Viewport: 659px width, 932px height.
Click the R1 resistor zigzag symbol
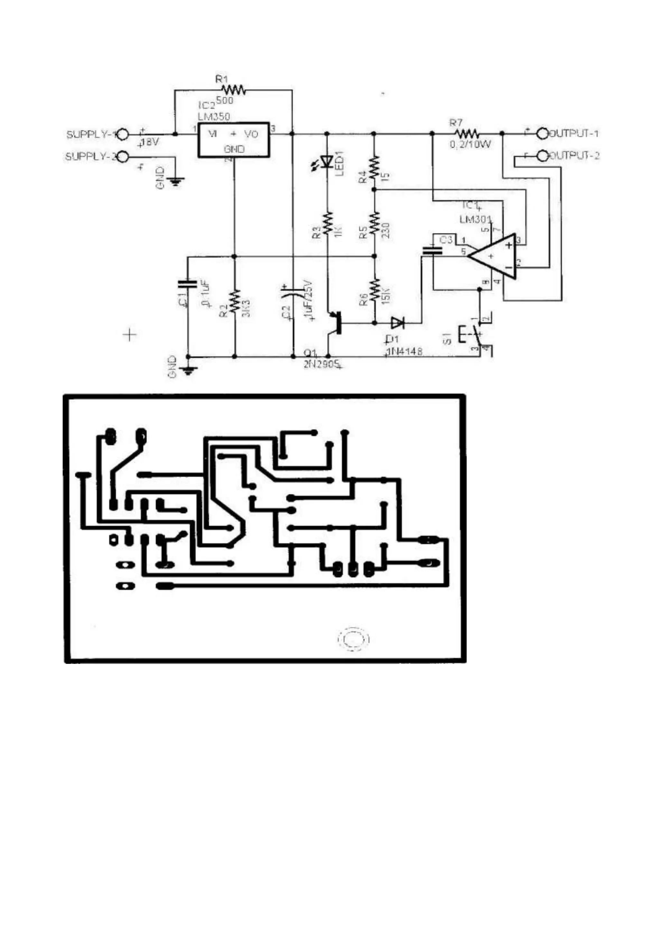click(234, 90)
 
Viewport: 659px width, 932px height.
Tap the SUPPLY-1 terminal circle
click(123, 134)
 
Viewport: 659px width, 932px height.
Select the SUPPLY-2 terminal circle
click(123, 157)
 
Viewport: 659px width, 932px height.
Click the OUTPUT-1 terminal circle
click(542, 133)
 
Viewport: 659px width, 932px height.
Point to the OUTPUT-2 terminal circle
click(542, 155)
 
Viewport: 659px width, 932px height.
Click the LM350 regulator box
click(234, 140)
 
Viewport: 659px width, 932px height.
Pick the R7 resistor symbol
click(468, 134)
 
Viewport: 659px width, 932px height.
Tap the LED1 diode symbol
click(327, 162)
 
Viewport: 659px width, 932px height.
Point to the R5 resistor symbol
click(374, 223)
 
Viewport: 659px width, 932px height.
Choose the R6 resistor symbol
click(375, 289)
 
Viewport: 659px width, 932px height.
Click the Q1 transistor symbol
click(335, 323)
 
